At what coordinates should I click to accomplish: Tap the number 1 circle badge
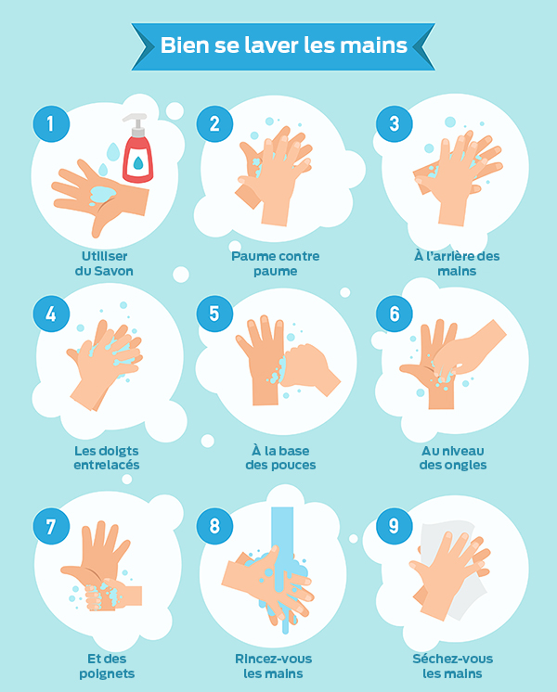click(51, 123)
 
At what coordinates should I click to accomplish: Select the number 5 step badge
click(214, 314)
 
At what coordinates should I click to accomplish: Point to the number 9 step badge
click(394, 526)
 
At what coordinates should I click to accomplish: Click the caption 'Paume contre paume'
click(275, 263)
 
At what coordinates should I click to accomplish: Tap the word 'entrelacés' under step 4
click(107, 465)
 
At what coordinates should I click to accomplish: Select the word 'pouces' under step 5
click(295, 465)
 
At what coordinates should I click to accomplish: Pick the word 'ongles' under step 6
click(466, 465)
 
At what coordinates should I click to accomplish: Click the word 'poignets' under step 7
click(107, 673)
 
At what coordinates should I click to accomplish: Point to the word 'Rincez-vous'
click(274, 659)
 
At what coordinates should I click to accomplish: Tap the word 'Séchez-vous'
click(453, 659)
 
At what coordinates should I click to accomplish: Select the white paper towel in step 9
click(450, 570)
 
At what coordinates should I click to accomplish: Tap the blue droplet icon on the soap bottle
click(137, 163)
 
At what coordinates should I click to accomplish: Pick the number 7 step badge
click(51, 526)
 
